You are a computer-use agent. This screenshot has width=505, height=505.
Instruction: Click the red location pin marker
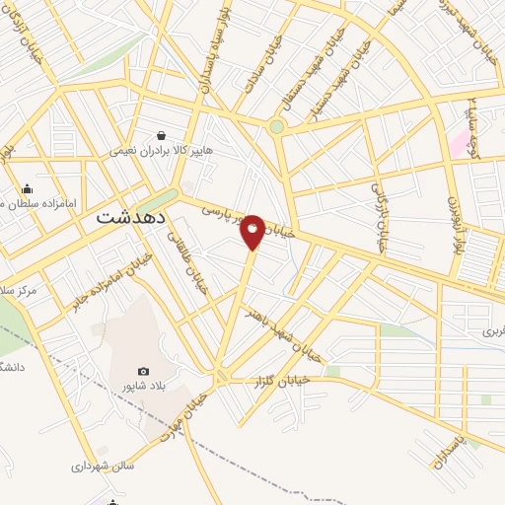pyautogui.click(x=252, y=231)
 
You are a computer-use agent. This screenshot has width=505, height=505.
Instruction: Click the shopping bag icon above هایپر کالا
pyautogui.click(x=161, y=135)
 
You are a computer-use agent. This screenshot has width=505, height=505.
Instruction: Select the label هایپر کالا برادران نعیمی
pyautogui.click(x=161, y=151)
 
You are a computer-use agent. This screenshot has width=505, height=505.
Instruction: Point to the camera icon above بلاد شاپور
pyautogui.click(x=143, y=371)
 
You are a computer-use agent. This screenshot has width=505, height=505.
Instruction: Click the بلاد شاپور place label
pyautogui.click(x=144, y=386)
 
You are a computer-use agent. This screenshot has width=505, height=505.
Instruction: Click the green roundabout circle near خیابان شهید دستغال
pyautogui.click(x=276, y=126)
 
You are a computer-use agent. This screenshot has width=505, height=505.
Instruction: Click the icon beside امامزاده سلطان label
pyautogui.click(x=27, y=190)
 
